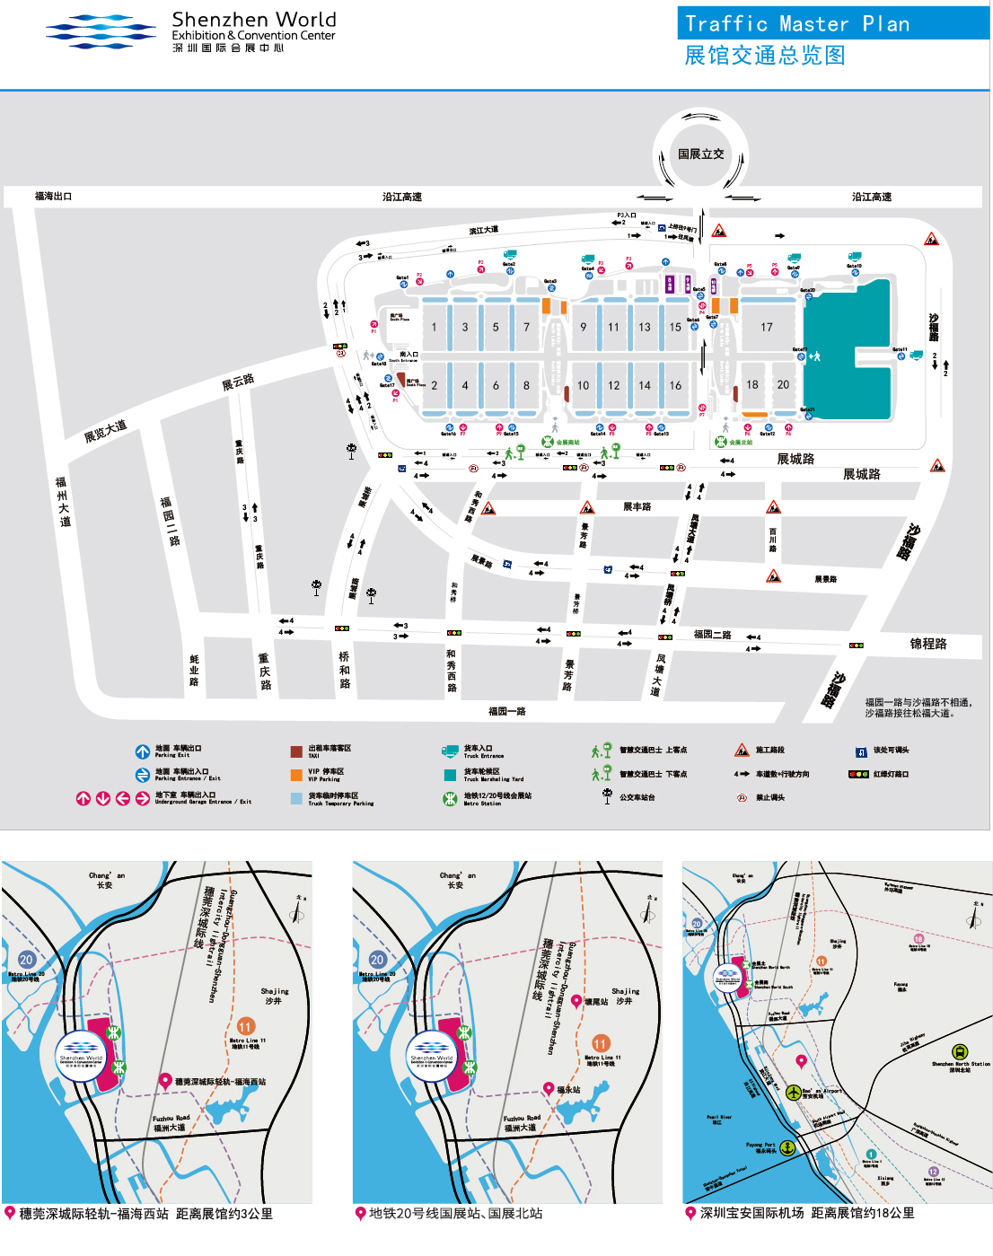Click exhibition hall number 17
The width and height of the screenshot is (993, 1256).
[767, 328]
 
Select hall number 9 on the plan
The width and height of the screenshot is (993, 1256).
[583, 328]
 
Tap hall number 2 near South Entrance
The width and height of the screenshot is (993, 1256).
[435, 386]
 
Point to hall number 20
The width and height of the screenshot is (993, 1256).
[783, 385]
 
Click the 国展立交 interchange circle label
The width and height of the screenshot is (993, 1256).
[700, 154]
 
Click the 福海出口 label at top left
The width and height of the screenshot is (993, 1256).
[53, 197]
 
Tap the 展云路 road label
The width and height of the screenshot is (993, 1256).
[238, 382]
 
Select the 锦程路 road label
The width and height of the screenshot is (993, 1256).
[927, 644]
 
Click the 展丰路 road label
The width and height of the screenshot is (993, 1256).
[637, 507]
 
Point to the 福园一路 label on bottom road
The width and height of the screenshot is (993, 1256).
[506, 711]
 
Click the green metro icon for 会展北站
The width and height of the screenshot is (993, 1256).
[720, 442]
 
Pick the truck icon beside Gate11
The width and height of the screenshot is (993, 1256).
[916, 355]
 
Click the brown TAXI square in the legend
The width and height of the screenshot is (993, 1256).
[296, 751]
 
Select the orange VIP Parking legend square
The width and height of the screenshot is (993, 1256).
[296, 775]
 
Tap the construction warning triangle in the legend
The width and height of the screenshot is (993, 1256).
[742, 751]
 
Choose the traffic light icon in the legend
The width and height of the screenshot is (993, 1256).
[858, 774]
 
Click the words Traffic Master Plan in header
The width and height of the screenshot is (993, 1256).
[797, 24]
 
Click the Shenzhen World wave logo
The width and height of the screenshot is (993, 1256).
[101, 31]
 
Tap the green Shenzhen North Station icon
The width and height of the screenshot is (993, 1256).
[960, 1052]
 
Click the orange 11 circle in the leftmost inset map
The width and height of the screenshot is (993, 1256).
[245, 1026]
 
